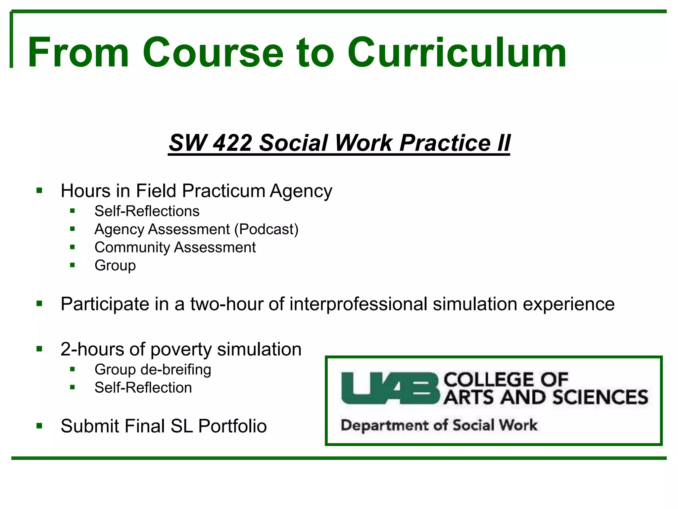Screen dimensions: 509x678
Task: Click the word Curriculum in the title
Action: pyautogui.click(x=457, y=53)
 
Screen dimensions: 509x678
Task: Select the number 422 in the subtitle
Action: pyautogui.click(x=232, y=143)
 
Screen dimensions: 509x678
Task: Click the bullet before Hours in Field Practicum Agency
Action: pyautogui.click(x=39, y=191)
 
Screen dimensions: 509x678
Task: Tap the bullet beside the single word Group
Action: pyautogui.click(x=73, y=265)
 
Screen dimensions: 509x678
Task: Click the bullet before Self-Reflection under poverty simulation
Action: pyautogui.click(x=73, y=387)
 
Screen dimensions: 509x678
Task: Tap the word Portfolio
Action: pyautogui.click(x=232, y=426)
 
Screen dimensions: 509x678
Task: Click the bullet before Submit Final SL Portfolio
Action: pyautogui.click(x=39, y=425)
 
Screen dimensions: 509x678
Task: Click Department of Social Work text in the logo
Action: pyautogui.click(x=439, y=425)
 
